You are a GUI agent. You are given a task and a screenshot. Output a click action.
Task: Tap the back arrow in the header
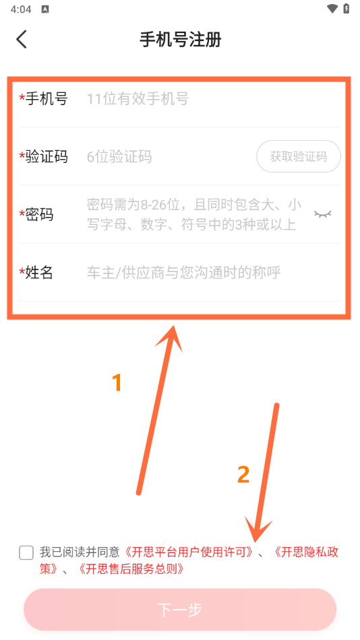(22, 39)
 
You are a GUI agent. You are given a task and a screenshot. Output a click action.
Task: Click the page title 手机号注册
(180, 39)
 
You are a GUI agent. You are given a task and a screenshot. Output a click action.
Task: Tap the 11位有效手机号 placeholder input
(138, 99)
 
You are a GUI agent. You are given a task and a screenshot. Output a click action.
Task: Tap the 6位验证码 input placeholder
(119, 157)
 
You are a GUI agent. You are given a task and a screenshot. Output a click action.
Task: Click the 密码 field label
(39, 215)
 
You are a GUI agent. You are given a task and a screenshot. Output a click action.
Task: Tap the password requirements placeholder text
(192, 215)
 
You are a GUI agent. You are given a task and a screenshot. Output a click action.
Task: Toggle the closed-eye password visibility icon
(324, 214)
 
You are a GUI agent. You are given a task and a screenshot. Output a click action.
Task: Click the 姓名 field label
(39, 273)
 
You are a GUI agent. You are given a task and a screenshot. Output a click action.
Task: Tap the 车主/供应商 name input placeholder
(183, 273)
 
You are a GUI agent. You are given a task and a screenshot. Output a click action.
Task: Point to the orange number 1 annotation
(117, 383)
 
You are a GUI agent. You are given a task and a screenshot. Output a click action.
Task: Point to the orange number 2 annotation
(243, 475)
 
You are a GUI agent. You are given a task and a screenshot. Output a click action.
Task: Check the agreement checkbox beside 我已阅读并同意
(26, 553)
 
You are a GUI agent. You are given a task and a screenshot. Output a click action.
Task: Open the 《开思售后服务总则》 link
(131, 569)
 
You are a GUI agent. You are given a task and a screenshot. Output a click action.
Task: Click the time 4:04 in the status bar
(20, 9)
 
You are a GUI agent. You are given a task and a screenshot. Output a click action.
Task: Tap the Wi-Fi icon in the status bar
(332, 9)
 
